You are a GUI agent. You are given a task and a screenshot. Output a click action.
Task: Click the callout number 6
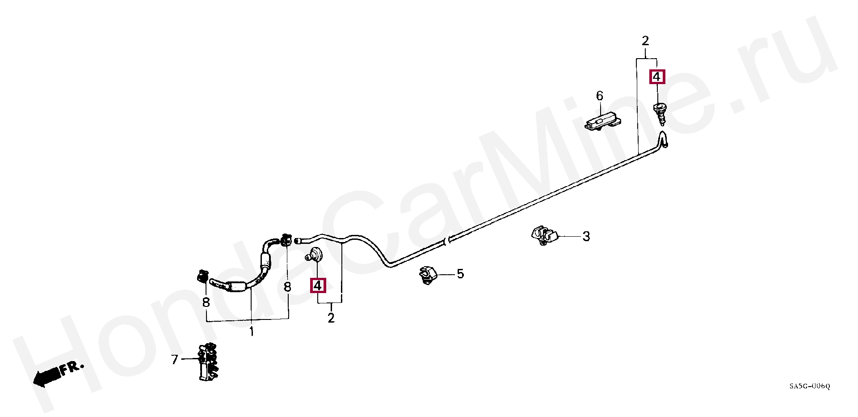(x=599, y=96)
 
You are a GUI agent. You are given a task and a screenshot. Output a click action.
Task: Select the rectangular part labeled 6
(x=601, y=122)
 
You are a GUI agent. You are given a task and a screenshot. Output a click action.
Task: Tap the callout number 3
(x=586, y=236)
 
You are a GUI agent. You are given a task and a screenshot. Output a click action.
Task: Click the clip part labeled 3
(x=543, y=235)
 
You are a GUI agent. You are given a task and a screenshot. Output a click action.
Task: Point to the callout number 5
(x=460, y=274)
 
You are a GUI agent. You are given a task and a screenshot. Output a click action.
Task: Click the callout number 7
(x=175, y=359)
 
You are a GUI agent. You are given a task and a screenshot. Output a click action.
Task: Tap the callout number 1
(x=252, y=332)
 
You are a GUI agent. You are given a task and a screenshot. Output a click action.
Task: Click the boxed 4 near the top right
(x=657, y=77)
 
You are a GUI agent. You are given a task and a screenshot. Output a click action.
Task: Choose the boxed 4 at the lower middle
(x=318, y=285)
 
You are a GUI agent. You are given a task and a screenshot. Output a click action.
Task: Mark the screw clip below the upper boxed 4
(x=659, y=113)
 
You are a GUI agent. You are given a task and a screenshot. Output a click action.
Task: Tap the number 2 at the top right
(x=645, y=41)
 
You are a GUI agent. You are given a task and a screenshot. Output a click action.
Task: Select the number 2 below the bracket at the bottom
(x=331, y=318)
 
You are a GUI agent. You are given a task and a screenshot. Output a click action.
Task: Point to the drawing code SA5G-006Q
(x=809, y=386)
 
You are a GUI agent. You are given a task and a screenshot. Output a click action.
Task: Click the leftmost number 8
(x=206, y=302)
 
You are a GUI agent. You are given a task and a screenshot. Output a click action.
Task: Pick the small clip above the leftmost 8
(x=203, y=277)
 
